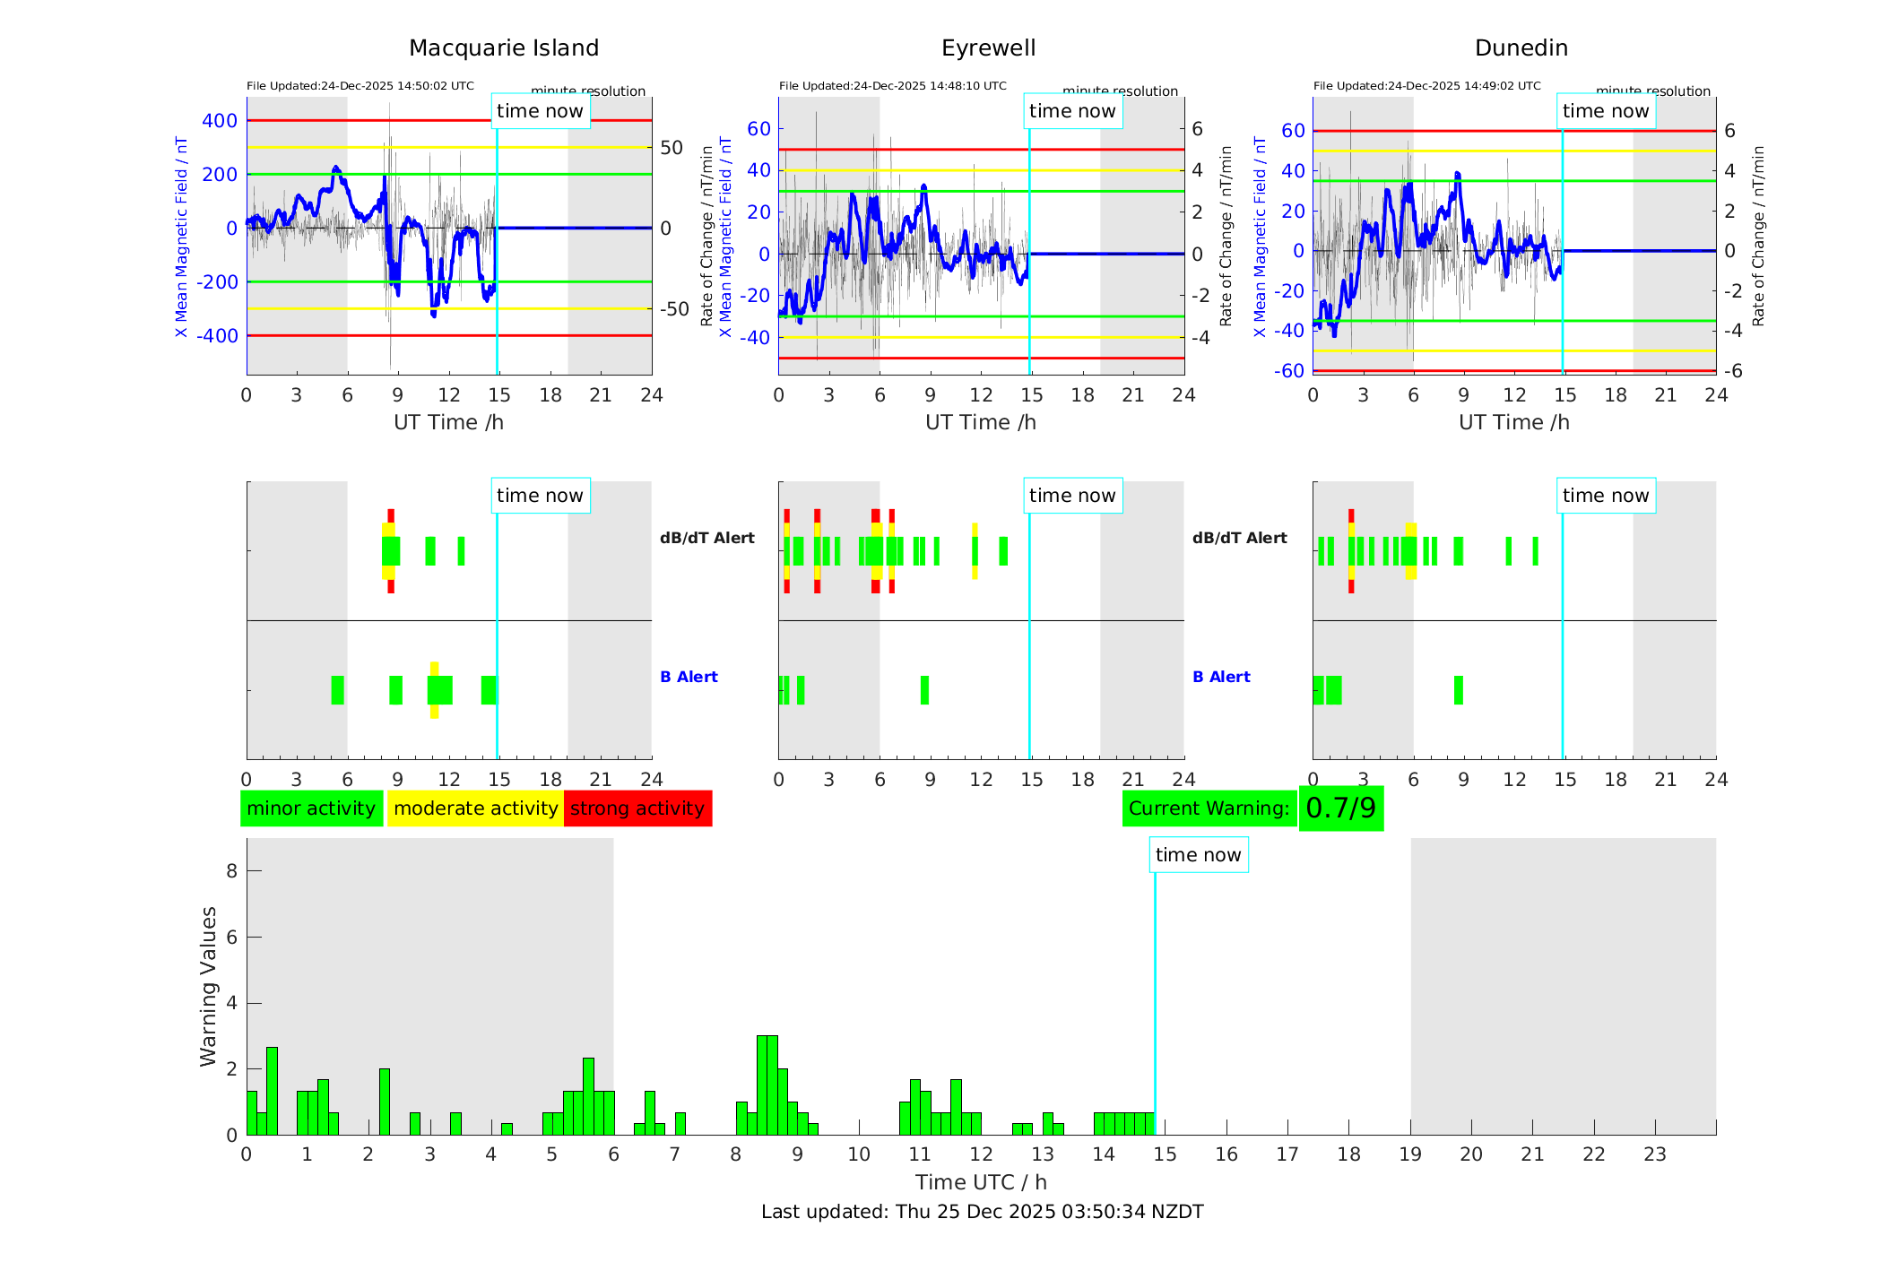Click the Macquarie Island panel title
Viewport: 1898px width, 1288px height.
click(503, 48)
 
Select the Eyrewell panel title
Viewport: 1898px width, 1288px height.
click(988, 48)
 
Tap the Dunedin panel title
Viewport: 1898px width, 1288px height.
click(1521, 48)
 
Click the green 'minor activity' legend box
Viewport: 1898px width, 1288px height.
click(311, 808)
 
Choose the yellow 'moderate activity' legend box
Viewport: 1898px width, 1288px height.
click(475, 808)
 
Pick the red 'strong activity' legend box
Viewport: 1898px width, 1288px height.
click(637, 808)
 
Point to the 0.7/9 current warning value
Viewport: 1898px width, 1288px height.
click(1340, 808)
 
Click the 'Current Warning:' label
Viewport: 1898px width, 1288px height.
click(1209, 808)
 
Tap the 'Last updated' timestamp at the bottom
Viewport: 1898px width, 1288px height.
click(982, 1212)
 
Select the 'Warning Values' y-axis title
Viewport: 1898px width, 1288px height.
click(208, 986)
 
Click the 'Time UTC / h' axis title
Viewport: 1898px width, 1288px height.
click(981, 1182)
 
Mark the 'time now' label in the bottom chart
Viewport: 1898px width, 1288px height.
click(1198, 855)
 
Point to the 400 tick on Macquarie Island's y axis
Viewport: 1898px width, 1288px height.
click(220, 121)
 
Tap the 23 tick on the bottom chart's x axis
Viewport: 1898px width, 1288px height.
click(1654, 1154)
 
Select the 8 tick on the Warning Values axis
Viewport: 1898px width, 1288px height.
click(231, 870)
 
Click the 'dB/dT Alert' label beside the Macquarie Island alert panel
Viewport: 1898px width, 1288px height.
click(706, 538)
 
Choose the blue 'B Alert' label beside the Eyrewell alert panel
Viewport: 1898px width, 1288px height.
click(1221, 677)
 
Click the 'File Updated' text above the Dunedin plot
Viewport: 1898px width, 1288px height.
click(1426, 86)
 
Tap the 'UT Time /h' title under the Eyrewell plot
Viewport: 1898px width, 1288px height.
click(981, 422)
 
